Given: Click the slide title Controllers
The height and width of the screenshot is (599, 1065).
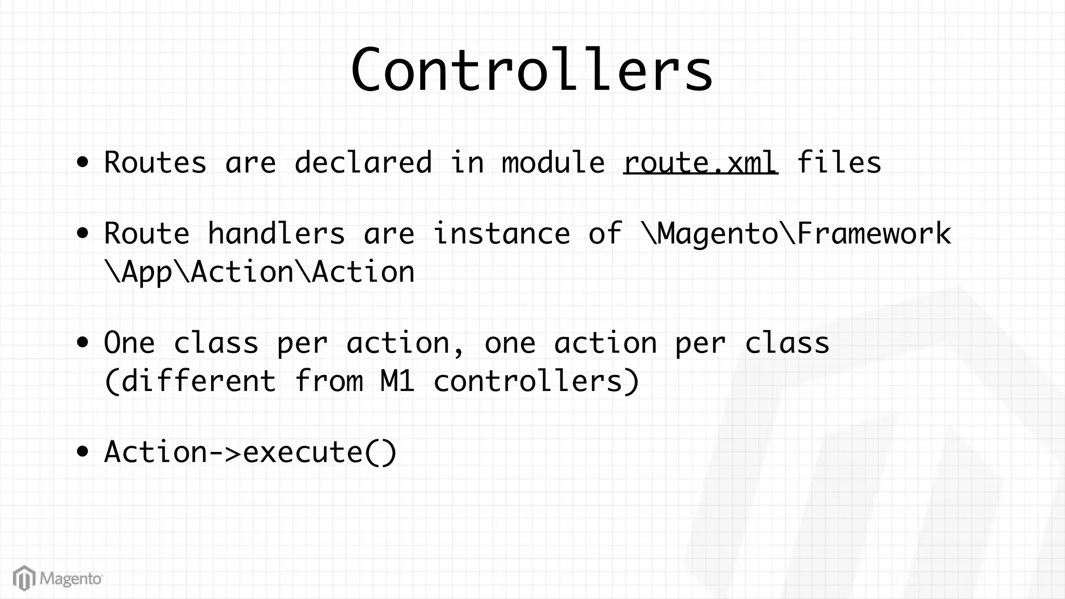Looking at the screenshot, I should click(531, 70).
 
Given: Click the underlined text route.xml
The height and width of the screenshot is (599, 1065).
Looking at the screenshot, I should click(700, 162).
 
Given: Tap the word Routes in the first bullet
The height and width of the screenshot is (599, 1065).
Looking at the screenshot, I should click(155, 162).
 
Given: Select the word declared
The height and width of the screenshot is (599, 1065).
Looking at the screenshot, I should click(363, 162).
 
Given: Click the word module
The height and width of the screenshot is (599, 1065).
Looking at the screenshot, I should click(553, 162).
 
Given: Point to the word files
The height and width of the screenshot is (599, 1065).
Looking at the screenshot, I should click(838, 162).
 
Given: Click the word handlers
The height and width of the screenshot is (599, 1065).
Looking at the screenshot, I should click(276, 233).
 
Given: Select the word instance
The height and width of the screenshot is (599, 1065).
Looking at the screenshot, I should click(501, 233).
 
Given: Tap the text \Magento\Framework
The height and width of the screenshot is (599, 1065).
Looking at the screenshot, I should click(796, 233).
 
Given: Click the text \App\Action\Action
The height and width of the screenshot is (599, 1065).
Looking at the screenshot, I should click(259, 272).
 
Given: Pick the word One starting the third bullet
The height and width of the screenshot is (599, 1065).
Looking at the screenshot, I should click(129, 343).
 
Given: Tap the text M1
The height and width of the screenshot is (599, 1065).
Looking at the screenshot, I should click(397, 381).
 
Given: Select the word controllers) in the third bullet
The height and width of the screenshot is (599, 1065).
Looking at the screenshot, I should click(536, 381).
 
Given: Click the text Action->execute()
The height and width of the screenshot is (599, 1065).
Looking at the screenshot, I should click(250, 452).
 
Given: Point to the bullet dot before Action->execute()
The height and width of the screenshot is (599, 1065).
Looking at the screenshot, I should click(82, 452).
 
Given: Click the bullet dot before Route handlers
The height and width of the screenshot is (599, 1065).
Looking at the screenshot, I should click(82, 233).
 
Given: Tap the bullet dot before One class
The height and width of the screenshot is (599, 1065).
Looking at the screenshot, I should click(82, 343).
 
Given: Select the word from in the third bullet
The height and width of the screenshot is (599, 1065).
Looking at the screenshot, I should click(328, 381).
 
